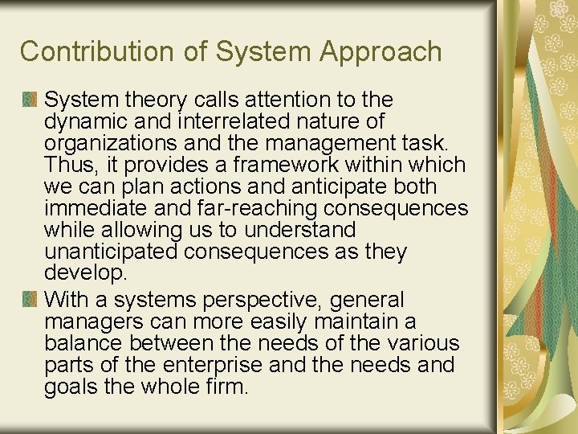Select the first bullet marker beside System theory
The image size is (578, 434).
(x=30, y=100)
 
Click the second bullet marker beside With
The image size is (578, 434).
(x=30, y=300)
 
